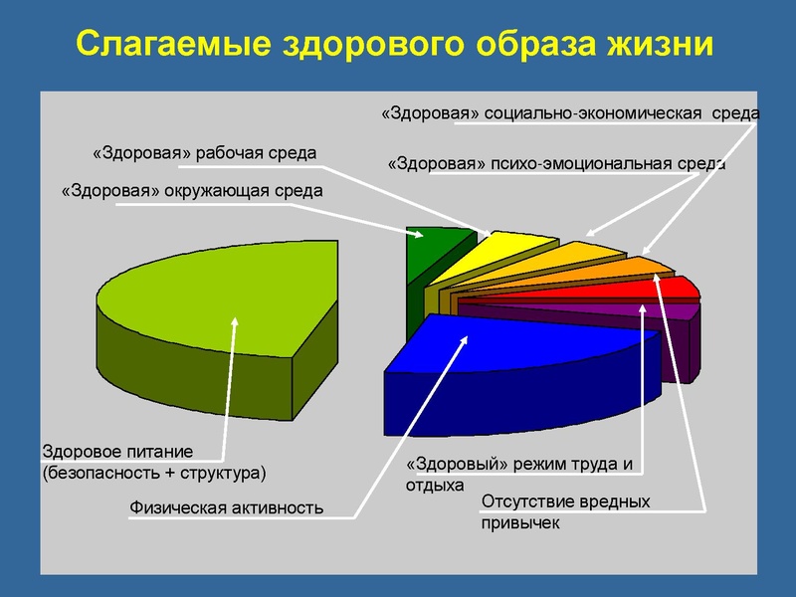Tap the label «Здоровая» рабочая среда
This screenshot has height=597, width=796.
point(203,153)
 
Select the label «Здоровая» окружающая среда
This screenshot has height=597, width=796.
point(191,190)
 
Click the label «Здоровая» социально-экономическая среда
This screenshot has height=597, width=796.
point(570,114)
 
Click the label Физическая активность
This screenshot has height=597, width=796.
point(227,508)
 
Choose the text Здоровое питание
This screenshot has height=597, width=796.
point(116,451)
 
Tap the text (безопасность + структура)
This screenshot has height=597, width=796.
point(154,471)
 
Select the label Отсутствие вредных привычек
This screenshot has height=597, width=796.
point(564,511)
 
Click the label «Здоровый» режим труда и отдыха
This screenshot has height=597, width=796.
point(518,475)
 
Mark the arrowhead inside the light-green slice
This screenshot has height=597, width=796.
point(236,321)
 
